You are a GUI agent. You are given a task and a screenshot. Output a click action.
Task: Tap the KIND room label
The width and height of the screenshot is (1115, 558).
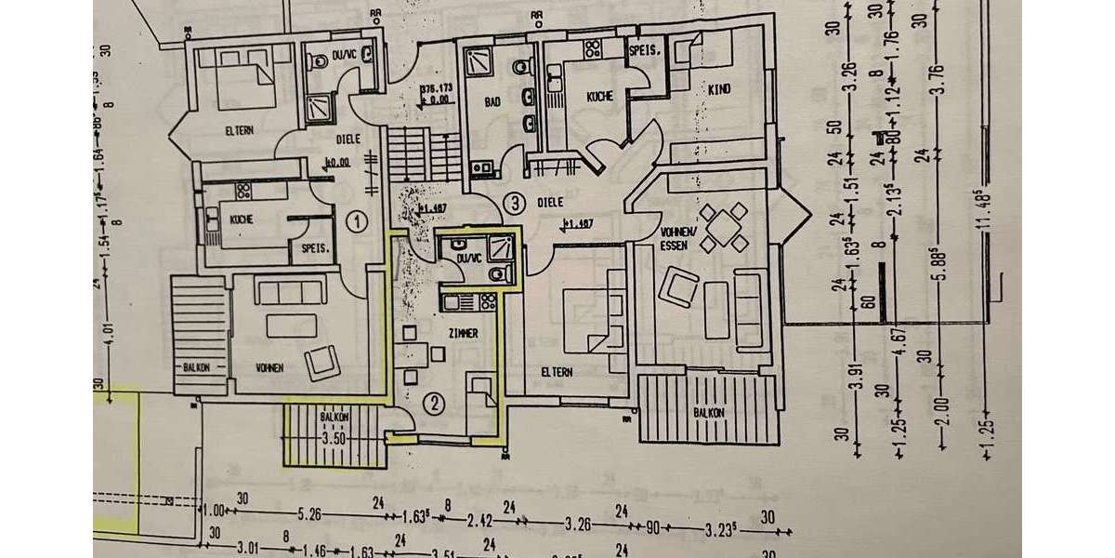pyautogui.click(x=720, y=89)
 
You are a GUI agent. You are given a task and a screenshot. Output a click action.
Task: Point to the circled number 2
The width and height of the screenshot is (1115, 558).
pyautogui.click(x=432, y=403)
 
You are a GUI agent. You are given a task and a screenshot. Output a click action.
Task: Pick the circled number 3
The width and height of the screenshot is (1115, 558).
pyautogui.click(x=511, y=202)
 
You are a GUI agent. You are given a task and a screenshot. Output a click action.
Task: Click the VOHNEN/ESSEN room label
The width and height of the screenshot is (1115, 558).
pyautogui.click(x=673, y=239)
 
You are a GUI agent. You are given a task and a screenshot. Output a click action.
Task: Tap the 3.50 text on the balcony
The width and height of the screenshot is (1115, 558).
pyautogui.click(x=334, y=437)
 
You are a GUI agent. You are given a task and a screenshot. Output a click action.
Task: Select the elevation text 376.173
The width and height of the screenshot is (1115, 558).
pyautogui.click(x=434, y=89)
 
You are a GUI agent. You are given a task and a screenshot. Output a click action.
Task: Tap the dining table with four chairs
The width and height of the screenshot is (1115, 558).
pyautogui.click(x=720, y=228)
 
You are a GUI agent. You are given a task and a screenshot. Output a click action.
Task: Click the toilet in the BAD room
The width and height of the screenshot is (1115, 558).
pyautogui.click(x=527, y=68)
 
